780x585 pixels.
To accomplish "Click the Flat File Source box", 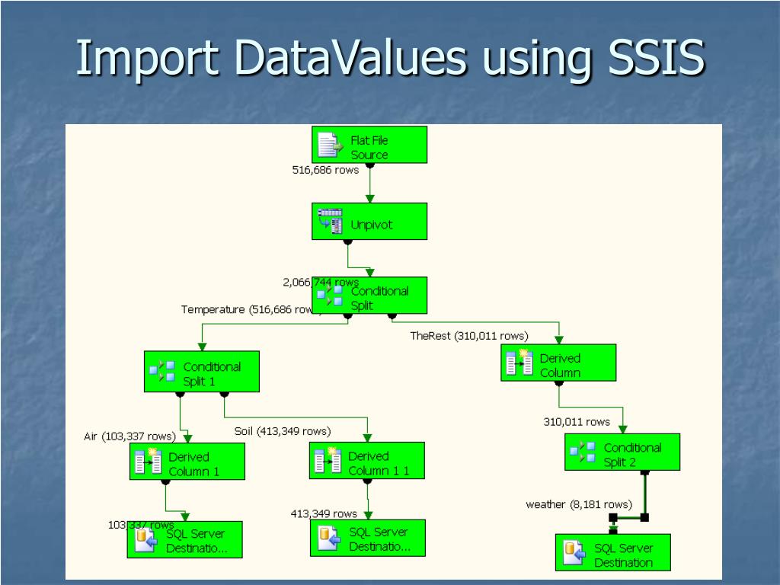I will click(x=369, y=145).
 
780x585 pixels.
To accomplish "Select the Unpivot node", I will click(x=369, y=222).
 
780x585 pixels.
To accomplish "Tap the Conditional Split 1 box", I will click(x=202, y=372).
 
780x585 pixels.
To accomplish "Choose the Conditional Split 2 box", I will click(x=622, y=452).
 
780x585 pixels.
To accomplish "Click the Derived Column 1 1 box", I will click(x=366, y=461).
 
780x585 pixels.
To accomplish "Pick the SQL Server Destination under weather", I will click(x=613, y=553).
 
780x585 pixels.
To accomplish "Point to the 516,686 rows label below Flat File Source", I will click(x=325, y=170).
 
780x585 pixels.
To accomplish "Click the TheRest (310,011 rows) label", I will click(x=468, y=335).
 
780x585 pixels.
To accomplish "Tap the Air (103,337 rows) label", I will click(x=129, y=436).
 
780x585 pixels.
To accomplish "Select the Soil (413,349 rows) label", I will click(x=283, y=431).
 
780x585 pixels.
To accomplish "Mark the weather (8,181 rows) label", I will click(x=579, y=504).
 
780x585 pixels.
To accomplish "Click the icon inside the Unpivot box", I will click(x=330, y=221).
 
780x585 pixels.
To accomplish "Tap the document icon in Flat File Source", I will click(x=328, y=144).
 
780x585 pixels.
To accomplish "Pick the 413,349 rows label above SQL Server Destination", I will click(x=324, y=513).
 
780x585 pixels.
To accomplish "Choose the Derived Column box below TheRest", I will click(x=558, y=363).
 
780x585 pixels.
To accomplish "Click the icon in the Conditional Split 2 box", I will click(x=583, y=452).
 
